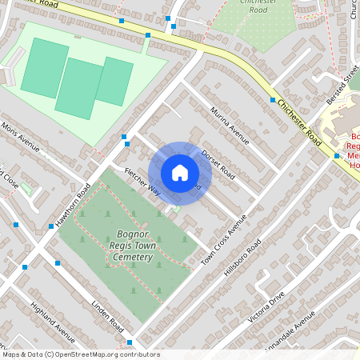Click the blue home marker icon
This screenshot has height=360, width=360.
click(x=180, y=173)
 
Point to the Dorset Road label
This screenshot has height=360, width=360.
click(x=217, y=163)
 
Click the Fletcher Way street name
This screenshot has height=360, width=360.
click(x=142, y=182)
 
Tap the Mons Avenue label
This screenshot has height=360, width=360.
click(x=21, y=137)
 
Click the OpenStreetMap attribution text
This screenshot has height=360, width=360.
click(x=81, y=354)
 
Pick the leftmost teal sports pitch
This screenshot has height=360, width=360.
click(x=45, y=68)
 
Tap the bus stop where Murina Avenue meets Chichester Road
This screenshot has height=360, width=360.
click(x=273, y=101)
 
